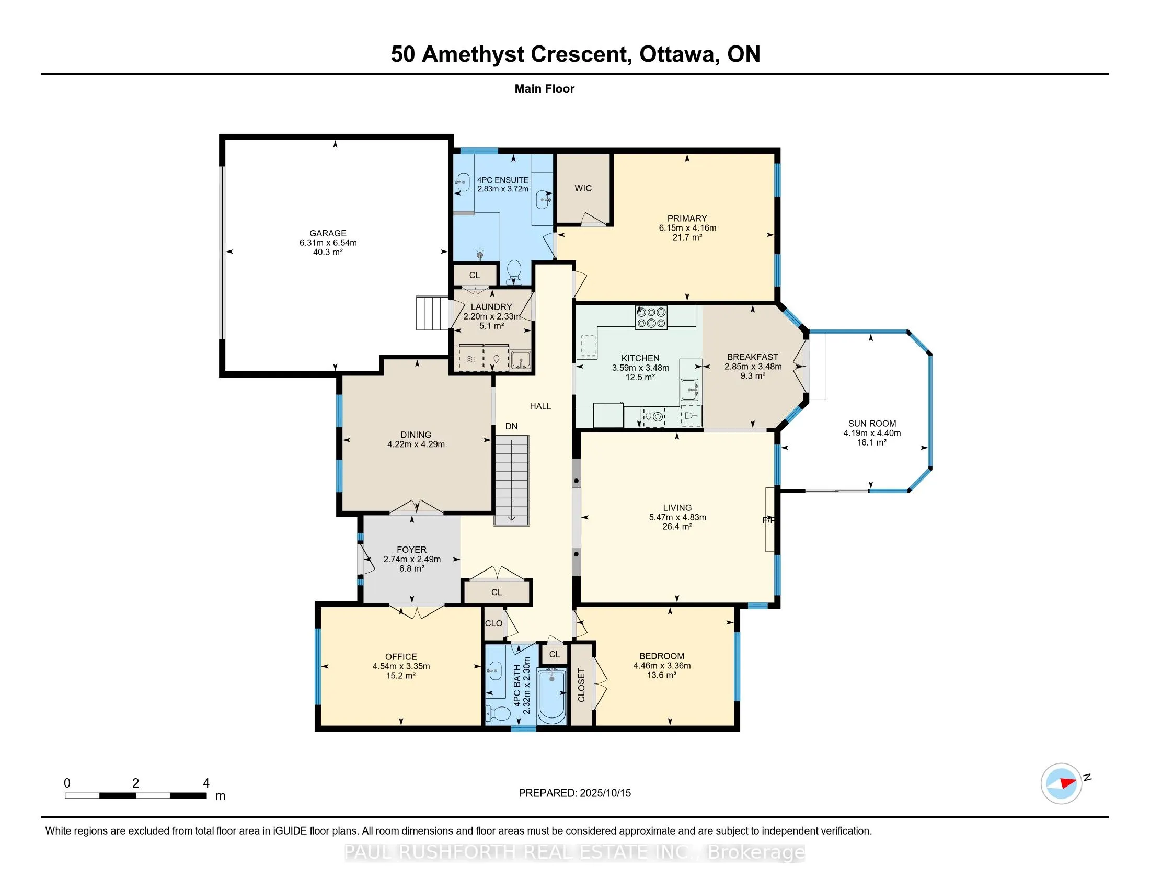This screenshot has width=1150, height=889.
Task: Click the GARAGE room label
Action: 328,233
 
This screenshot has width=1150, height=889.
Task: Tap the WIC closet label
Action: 583,188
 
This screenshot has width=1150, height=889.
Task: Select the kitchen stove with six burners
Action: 651,317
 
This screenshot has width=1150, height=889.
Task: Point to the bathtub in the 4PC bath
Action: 552,696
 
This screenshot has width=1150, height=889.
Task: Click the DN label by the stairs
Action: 511,426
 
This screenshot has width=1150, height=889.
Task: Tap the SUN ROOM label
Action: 872,424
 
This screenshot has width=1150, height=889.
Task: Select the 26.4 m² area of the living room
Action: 677,526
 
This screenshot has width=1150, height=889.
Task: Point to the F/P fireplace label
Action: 769,520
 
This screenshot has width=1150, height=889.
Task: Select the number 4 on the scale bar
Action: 206,783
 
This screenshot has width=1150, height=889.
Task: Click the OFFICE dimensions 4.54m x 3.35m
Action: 401,666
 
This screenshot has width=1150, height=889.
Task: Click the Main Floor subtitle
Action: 545,88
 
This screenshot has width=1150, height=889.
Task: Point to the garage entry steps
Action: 433,313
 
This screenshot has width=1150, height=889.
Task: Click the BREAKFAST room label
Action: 752,357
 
